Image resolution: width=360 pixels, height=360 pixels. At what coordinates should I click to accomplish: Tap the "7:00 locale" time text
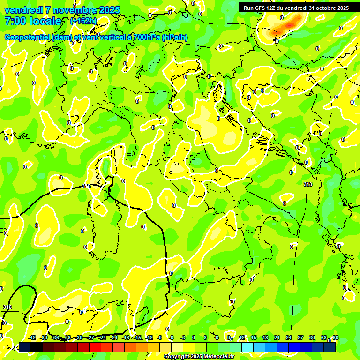(x=33, y=21)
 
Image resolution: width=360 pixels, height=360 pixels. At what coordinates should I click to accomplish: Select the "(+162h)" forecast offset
(x=83, y=21)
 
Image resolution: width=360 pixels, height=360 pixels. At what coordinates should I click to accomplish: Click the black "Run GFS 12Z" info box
(x=295, y=7)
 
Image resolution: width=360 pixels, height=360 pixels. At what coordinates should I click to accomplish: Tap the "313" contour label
(x=308, y=184)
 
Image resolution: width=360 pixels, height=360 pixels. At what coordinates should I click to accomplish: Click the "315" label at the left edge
(x=7, y=307)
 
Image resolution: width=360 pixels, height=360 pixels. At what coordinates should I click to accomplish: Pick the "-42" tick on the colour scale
(x=32, y=337)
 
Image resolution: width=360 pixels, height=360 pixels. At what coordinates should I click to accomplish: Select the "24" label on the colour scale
(x=289, y=337)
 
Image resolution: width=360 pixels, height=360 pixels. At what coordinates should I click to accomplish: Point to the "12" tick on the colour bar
(x=242, y=337)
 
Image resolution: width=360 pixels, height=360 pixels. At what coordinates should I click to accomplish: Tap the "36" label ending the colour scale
(x=335, y=337)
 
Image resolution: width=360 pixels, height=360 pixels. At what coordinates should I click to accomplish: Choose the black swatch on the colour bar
(x=37, y=347)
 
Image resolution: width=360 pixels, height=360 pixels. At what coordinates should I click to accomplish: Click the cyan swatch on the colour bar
(x=247, y=347)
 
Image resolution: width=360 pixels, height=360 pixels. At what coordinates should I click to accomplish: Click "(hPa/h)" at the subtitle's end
(x=175, y=37)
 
